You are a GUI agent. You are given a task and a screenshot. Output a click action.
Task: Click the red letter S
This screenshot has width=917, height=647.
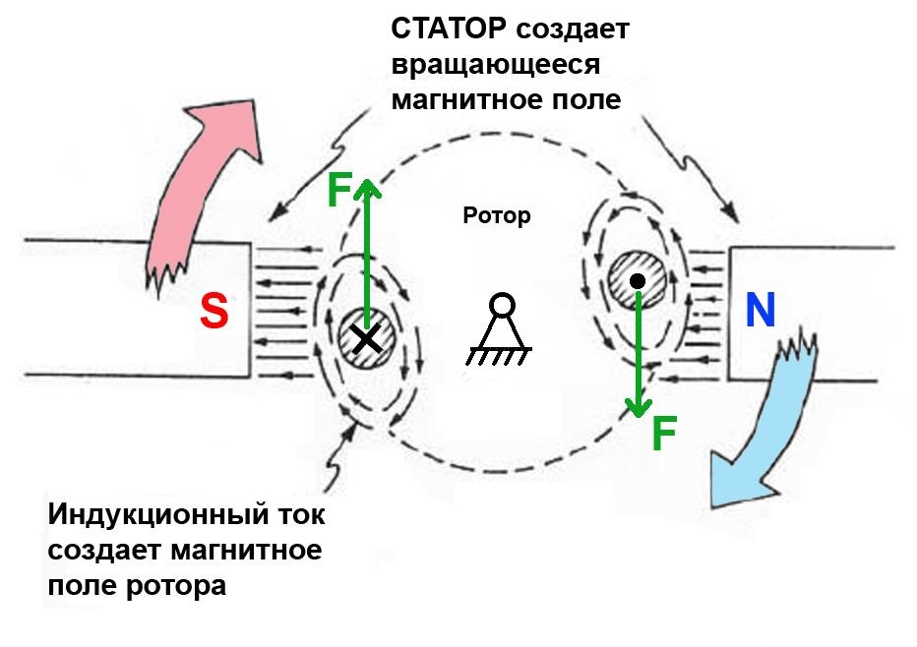pos(214,311)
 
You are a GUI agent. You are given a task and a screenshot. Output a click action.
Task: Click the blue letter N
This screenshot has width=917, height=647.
pos(760,311)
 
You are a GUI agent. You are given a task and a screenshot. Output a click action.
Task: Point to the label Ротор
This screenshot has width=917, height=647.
pos(496,215)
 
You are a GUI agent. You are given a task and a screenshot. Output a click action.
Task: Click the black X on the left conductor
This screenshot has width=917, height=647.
pos(366,339)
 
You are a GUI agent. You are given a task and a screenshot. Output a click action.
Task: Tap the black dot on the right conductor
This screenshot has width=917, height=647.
pos(637,282)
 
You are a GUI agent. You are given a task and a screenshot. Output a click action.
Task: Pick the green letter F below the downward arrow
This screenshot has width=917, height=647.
pos(664,434)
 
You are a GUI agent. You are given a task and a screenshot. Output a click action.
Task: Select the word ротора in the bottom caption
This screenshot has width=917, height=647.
pos(184,585)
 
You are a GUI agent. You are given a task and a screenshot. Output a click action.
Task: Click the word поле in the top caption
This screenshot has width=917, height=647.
pos(586,99)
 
